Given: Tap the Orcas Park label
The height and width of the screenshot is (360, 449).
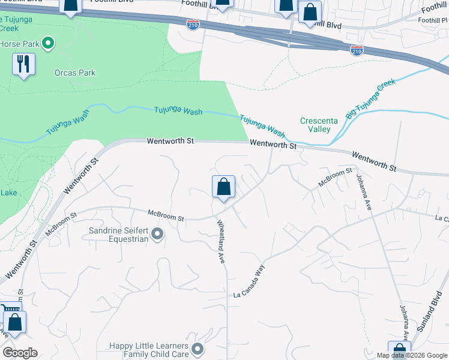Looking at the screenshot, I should coord(75,73).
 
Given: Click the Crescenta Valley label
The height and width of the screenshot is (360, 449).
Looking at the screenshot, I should coord(319,125).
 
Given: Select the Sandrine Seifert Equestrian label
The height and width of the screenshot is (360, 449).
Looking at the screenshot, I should coord(118,235).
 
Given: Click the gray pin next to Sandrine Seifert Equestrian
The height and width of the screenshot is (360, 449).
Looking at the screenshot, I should coord(157,235).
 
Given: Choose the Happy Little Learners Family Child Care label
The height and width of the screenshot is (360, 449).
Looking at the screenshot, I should coord(149,350).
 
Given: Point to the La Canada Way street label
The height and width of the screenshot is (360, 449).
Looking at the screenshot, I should coord(249,281).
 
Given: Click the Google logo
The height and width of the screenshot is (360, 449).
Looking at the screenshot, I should coord(20,353).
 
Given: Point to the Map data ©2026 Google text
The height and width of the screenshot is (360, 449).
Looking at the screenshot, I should coord(411,355).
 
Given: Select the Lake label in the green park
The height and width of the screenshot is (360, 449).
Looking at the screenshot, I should coord(9,193).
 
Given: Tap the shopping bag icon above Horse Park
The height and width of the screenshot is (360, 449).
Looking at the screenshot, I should coord(71,6).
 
